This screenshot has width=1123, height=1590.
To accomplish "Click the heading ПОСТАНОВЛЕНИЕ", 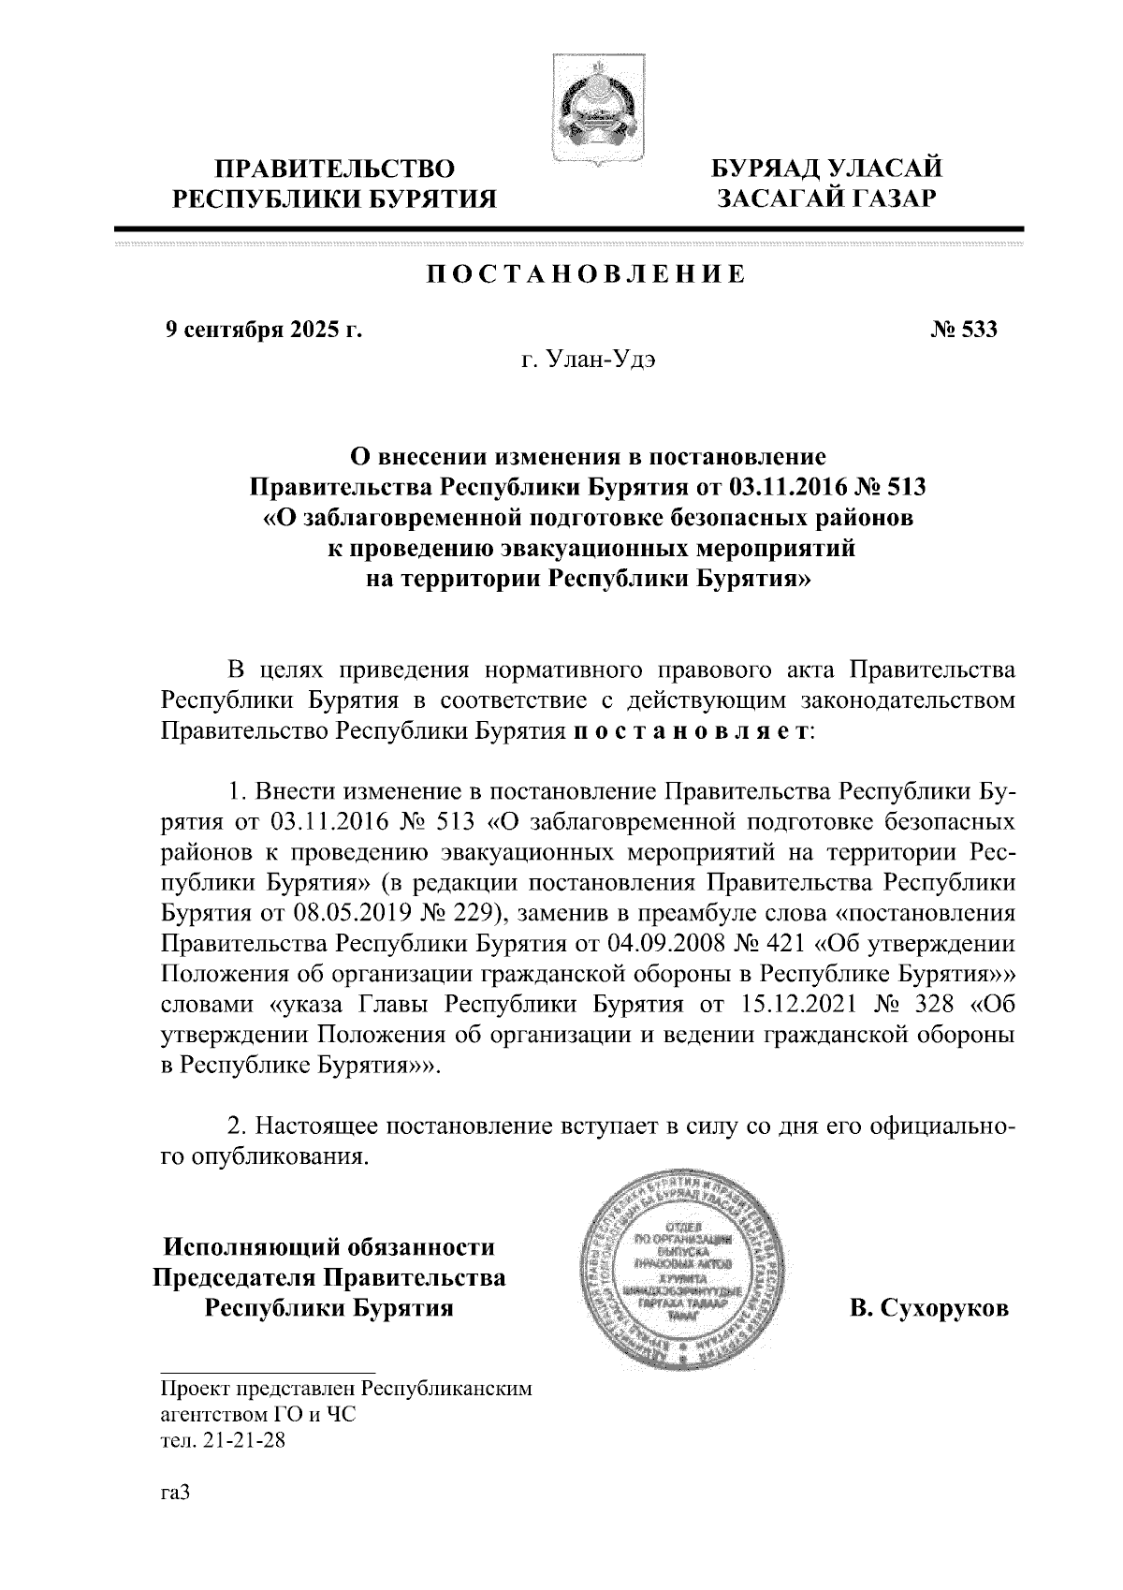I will pyautogui.click(x=586, y=274).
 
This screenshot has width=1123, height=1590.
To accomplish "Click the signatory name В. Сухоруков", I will pyautogui.click(x=929, y=1309).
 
